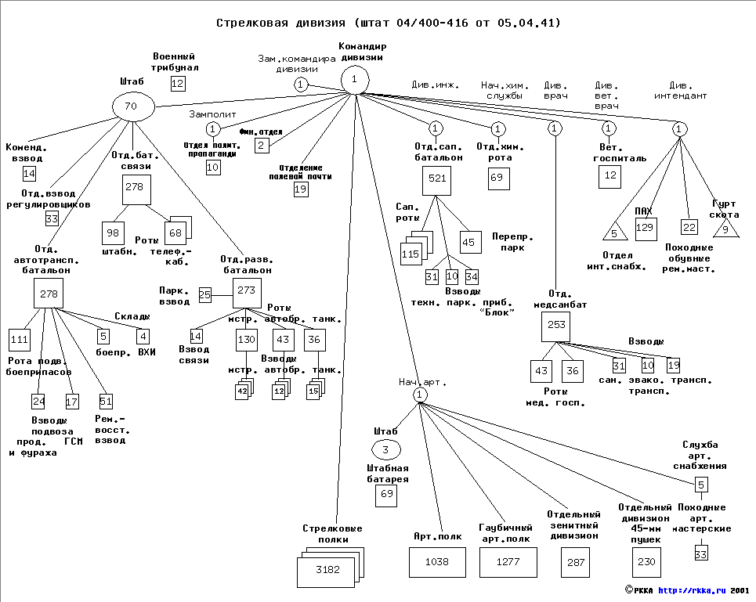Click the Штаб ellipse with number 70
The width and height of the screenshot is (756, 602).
click(131, 106)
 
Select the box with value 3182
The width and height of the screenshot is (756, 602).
click(327, 570)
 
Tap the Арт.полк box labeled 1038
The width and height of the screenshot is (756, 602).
click(437, 562)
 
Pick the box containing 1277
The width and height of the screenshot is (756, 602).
click(508, 562)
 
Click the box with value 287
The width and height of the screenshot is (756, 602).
click(576, 562)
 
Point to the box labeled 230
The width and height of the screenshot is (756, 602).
click(646, 562)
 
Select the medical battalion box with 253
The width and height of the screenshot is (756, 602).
click(555, 326)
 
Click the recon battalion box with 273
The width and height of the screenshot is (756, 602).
click(247, 290)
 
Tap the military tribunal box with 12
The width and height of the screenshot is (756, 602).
click(178, 84)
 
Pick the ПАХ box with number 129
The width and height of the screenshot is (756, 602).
click(646, 228)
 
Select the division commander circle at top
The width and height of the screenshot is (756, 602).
click(355, 79)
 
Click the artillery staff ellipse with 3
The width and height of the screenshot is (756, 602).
click(385, 449)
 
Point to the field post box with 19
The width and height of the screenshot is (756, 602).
click(301, 189)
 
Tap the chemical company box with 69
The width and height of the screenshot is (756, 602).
click(498, 178)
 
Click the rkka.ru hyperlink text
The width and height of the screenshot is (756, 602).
click(690, 591)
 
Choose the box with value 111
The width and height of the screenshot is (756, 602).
click(20, 339)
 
